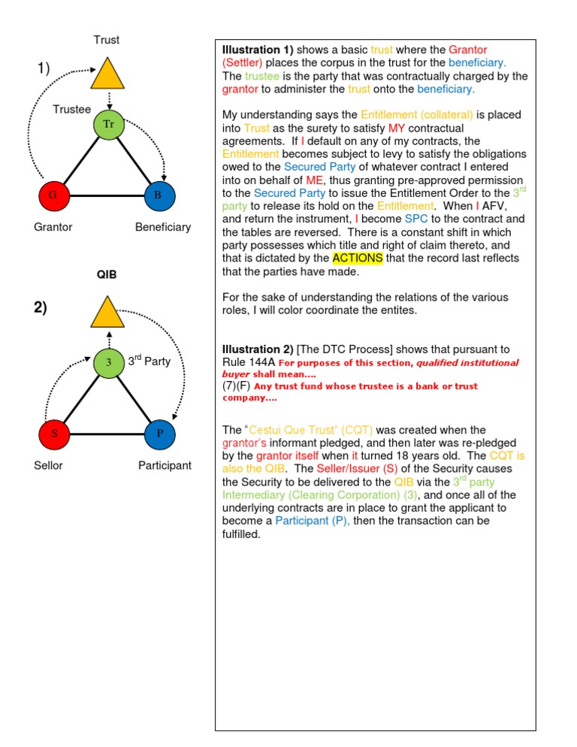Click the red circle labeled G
(53, 196)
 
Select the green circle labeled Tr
(108, 125)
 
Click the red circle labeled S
(53, 434)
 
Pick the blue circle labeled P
(159, 434)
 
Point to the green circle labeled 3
(108, 363)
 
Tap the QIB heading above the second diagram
(107, 275)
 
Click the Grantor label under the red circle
(53, 226)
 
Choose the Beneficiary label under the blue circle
(163, 226)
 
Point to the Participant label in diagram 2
(165, 465)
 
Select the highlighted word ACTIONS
(358, 258)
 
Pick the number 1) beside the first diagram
(44, 69)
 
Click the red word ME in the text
(314, 181)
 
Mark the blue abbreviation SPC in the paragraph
(396, 218)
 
